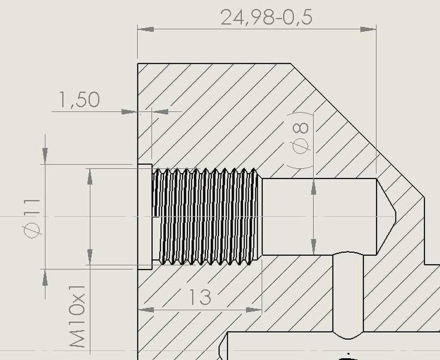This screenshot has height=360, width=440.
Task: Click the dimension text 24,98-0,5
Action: click(x=266, y=18)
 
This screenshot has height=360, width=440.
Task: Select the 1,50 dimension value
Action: click(x=79, y=100)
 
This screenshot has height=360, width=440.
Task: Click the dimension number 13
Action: click(x=200, y=297)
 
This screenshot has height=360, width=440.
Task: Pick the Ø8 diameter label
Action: click(x=300, y=138)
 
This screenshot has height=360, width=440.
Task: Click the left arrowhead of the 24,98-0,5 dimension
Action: click(x=146, y=29)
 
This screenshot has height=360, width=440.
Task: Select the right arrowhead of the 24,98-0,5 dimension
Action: click(x=368, y=29)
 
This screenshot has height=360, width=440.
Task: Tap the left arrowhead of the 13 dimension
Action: click(x=146, y=310)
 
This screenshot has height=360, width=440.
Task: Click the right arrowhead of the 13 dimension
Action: click(x=254, y=310)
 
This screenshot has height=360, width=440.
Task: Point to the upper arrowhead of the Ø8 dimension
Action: click(x=313, y=187)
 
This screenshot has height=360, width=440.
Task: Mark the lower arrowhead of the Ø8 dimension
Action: click(x=313, y=247)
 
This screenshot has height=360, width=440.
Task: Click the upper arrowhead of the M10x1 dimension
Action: click(x=90, y=177)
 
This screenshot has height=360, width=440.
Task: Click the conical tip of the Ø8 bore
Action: click(x=386, y=217)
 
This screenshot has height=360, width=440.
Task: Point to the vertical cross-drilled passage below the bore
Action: click(x=348, y=294)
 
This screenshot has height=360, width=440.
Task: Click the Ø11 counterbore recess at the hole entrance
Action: click(x=145, y=217)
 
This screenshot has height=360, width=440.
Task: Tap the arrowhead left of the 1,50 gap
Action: click(x=130, y=112)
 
